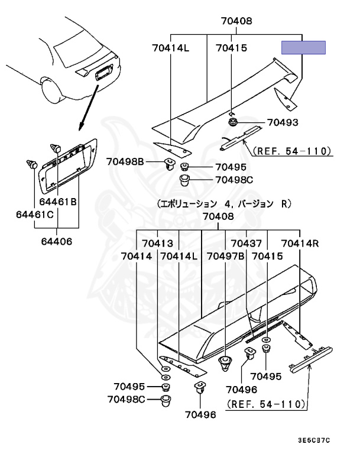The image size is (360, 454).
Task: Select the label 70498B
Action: pos(125,161)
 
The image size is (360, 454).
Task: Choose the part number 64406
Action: pos(57,241)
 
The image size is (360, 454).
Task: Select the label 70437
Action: pos(246,243)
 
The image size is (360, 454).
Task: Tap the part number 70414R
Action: pos(300,243)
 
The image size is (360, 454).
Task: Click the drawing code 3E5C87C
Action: pos(314,440)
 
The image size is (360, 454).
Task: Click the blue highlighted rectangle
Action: pos(304,48)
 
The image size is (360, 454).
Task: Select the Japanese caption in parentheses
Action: pos(224,204)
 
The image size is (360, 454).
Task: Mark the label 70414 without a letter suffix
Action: pos(136,257)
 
